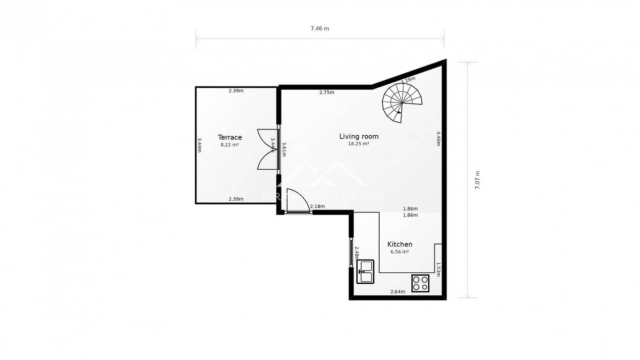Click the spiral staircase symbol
402,103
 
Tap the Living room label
359,136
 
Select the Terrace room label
230,137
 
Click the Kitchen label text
400,244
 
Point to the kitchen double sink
365,272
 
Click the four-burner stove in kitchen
420,283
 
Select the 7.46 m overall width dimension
320,28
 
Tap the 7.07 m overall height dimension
477,180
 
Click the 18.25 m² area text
358,144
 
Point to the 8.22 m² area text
230,145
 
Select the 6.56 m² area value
400,252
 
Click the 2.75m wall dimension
326,92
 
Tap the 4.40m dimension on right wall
438,138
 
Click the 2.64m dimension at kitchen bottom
398,292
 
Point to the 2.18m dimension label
317,206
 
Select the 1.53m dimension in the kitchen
438,269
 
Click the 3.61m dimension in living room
284,149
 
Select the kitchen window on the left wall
351,252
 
